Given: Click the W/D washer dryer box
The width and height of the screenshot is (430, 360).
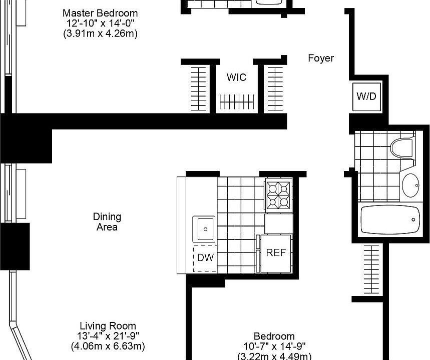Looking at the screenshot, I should pos(366,96).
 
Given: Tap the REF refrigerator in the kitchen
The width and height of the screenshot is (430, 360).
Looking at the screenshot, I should pos(275,253).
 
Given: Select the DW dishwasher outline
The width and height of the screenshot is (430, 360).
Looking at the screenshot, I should pos(205,258).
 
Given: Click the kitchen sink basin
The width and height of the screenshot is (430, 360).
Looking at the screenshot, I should pos(204,229).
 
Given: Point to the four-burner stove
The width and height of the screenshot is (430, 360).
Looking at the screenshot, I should pos(278,195).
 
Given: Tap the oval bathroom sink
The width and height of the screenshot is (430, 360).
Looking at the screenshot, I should pos(411,186).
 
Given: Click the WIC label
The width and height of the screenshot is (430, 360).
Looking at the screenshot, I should pos(236,77).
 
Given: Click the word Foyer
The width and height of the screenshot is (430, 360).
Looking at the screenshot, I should pos(320,58).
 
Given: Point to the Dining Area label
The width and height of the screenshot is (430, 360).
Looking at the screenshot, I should pos(107,222).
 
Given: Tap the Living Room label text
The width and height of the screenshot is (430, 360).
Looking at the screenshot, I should pos(108,325).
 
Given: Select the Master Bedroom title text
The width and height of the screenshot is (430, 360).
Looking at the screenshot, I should pos(100,13).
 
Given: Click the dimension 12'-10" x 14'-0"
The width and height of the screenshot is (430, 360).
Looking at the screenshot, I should pos(100,23).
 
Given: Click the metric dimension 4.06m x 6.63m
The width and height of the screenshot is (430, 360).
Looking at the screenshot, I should pos(108,346).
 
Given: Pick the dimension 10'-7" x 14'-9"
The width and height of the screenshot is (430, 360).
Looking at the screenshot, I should pos(274,346).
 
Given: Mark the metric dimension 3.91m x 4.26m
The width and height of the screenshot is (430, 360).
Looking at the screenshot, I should pos(100,34).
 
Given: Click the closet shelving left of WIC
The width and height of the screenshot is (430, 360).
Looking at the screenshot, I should pos(199,88).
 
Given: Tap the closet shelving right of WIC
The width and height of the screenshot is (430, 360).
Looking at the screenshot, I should pos(275,88).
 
